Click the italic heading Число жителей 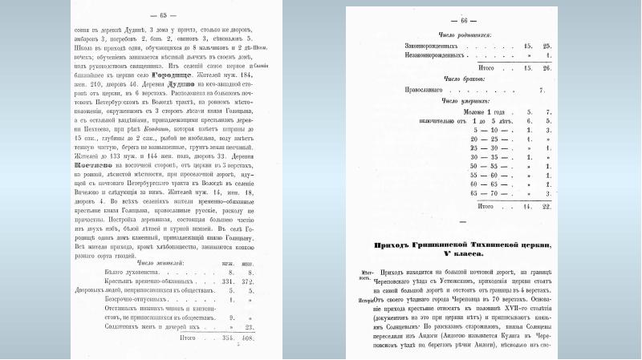(161, 262)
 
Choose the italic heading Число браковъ (458, 80)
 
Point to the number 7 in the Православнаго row (542, 91)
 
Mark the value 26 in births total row (547, 68)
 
